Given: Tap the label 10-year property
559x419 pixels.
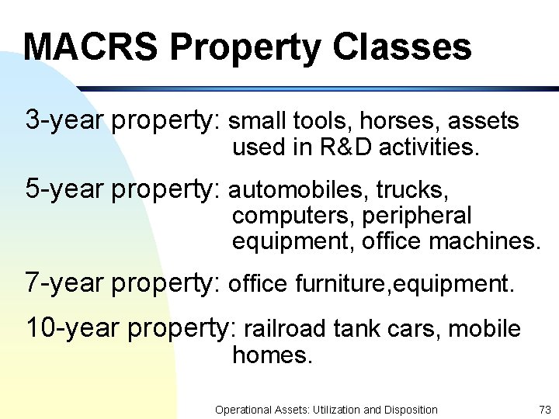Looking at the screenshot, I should click(x=129, y=328).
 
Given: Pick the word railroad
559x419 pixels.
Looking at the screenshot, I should click(x=284, y=329).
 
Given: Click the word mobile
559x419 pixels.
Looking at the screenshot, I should click(x=485, y=329).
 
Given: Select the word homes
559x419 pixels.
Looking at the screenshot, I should click(x=272, y=355).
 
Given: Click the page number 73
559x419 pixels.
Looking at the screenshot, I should click(x=544, y=410).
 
